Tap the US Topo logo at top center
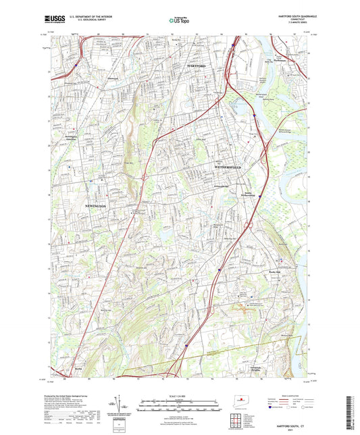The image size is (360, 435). pos(179,21)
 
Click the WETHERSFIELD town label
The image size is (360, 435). pos(232,165)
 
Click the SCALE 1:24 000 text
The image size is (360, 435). pos(179,396)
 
